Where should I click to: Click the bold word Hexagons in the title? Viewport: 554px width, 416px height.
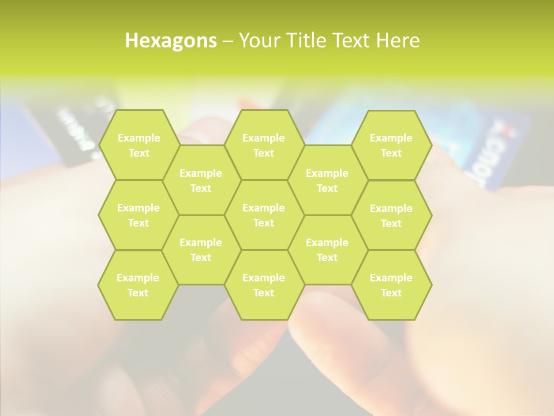(x=171, y=40)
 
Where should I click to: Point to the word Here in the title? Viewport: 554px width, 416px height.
(x=398, y=40)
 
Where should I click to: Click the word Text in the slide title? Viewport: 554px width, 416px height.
(x=353, y=40)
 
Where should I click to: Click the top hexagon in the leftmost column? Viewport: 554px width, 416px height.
(x=138, y=145)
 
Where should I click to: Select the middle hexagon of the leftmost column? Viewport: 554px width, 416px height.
(x=138, y=215)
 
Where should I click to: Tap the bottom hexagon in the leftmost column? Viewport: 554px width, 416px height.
(x=138, y=285)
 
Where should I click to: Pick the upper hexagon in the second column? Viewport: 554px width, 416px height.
(x=201, y=180)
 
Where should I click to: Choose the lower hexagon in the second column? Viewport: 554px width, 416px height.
(x=201, y=250)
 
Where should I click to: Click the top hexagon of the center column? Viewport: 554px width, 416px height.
(x=264, y=145)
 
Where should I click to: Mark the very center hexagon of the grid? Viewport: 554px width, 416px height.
(x=264, y=215)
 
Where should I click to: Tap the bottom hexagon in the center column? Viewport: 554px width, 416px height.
(x=264, y=285)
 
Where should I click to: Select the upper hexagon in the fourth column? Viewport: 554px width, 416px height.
(x=327, y=180)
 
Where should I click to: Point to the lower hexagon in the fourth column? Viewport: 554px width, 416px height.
(x=327, y=250)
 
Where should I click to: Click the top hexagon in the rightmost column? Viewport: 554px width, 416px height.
(x=391, y=145)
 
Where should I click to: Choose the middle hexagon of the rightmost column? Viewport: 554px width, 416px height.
(x=391, y=216)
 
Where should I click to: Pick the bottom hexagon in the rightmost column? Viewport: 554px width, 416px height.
(x=391, y=285)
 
